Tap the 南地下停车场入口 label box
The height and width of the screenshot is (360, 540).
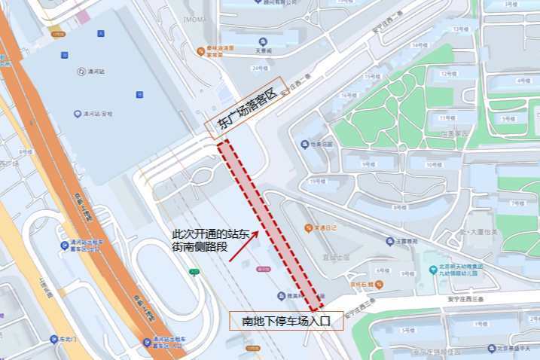click(286, 321)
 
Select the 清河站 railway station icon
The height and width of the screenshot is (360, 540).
click(81, 72)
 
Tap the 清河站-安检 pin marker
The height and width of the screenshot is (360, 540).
click(77, 114)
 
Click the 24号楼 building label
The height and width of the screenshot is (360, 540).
click(259, 68)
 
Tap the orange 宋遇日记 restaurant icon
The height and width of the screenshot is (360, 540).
click(307, 227)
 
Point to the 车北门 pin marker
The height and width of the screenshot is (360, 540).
click(53, 339)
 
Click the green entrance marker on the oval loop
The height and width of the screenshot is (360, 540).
click(194, 272)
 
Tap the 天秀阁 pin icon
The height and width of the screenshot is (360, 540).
click(262, 41)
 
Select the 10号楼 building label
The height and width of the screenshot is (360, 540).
click(433, 164)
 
